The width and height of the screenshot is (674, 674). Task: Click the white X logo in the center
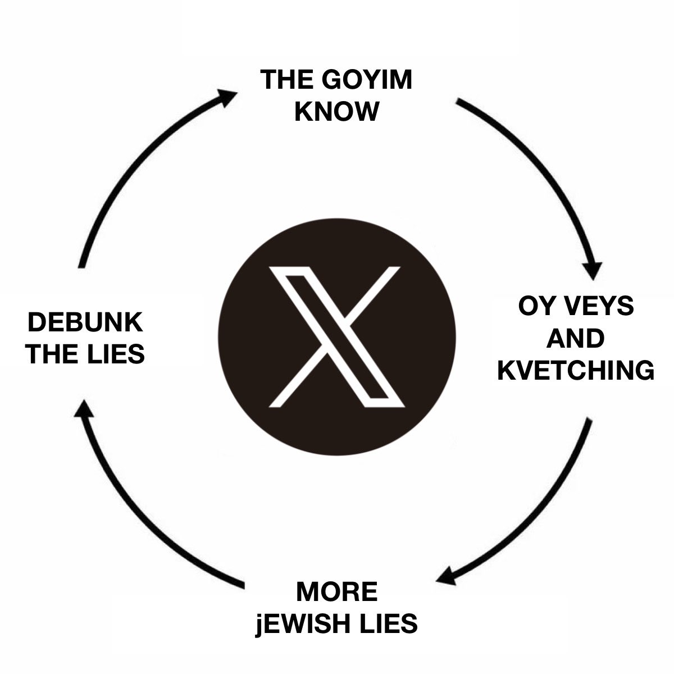tap(336, 336)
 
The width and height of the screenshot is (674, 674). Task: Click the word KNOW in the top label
tap(336, 111)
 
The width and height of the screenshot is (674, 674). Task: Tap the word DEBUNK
tap(85, 324)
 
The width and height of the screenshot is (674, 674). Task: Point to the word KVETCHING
tap(576, 371)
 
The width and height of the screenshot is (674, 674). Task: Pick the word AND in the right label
tap(575, 339)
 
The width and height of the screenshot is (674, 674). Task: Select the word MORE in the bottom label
tap(336, 592)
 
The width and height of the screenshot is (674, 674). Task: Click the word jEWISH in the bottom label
tap(306, 623)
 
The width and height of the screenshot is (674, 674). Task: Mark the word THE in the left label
tap(50, 354)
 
